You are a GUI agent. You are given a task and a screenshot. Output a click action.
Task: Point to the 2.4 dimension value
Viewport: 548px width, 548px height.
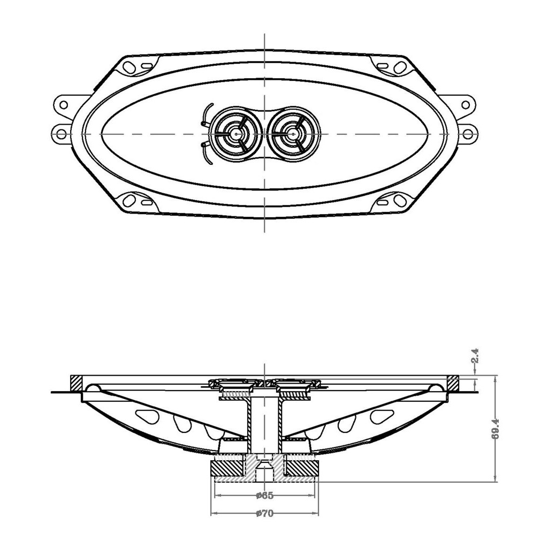[474, 357]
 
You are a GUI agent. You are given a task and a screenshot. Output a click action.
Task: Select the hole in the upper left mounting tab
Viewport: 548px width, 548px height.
[63, 104]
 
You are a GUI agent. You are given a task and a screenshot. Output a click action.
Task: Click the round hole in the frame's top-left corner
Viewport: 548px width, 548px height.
[128, 67]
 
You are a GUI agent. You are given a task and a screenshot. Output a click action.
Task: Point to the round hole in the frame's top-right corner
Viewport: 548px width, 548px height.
[399, 67]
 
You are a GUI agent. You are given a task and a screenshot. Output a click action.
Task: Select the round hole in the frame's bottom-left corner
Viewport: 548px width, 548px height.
[128, 201]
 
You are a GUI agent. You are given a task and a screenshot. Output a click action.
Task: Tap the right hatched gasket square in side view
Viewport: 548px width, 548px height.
[453, 383]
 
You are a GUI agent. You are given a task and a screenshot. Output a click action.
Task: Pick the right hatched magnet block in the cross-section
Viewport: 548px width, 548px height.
[303, 467]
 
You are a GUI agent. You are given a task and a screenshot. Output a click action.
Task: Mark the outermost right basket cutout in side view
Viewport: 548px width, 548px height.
[382, 415]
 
